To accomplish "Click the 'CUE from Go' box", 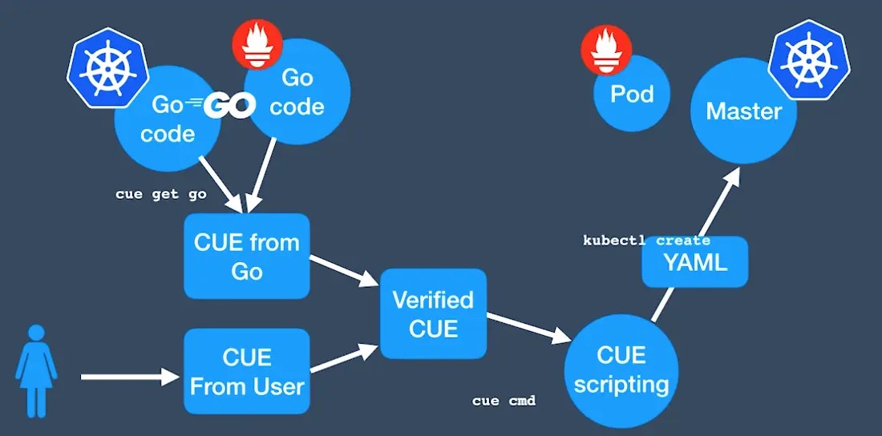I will point(247,256).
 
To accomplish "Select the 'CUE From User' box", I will point(247,371).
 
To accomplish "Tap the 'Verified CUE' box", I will point(433,313).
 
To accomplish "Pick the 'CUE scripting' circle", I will point(621,370).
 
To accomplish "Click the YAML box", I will point(695,262).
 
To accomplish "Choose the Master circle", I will point(743,111).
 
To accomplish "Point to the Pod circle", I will point(632,95).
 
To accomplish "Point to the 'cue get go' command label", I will point(160,194).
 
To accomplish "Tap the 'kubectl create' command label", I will point(645,240).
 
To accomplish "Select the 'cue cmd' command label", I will point(504,401).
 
